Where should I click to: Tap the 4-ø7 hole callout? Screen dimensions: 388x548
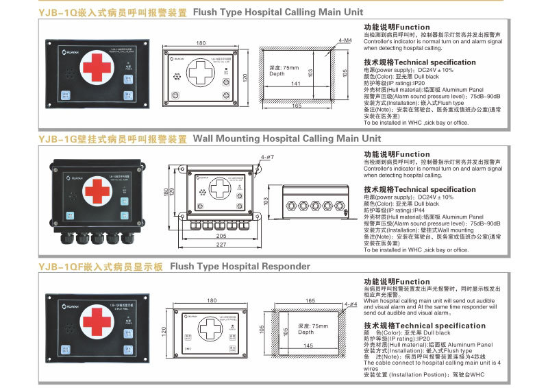268,158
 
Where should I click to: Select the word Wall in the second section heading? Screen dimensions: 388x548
205,138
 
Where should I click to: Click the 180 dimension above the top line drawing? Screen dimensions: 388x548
201,43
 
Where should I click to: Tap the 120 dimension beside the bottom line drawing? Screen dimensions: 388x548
164,330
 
